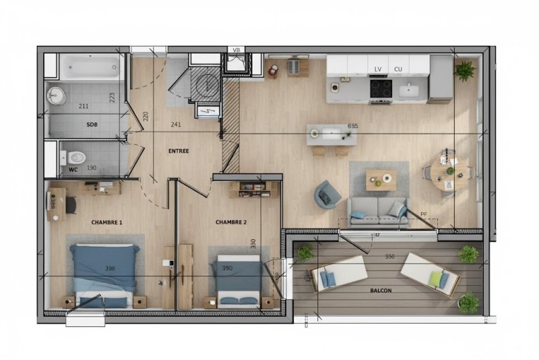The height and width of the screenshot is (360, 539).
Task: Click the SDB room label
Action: [92, 125]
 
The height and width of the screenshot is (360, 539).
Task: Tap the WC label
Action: [73, 169]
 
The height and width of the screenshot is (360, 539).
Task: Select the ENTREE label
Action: [179, 151]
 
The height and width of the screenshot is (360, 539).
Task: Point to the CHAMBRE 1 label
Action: [106, 222]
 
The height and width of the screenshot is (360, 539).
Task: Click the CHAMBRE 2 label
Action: [231, 222]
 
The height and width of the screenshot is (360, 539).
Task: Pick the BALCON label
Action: [381, 291]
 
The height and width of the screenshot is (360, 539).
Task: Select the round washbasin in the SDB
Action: [56, 95]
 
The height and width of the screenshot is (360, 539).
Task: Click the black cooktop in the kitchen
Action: [381, 88]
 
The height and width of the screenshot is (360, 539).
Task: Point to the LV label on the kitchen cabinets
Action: [378, 69]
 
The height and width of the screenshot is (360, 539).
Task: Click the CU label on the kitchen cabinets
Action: [398, 69]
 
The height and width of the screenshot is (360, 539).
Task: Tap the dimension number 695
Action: [352, 126]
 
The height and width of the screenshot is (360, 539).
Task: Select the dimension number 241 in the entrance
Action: [176, 125]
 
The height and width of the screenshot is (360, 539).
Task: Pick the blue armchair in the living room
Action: [327, 195]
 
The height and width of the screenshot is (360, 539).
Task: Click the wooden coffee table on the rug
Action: [381, 180]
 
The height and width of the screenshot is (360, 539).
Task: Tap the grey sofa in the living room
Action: [378, 212]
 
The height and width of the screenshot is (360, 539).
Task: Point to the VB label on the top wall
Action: [236, 50]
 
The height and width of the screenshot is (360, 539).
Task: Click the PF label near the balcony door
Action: [424, 214]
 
